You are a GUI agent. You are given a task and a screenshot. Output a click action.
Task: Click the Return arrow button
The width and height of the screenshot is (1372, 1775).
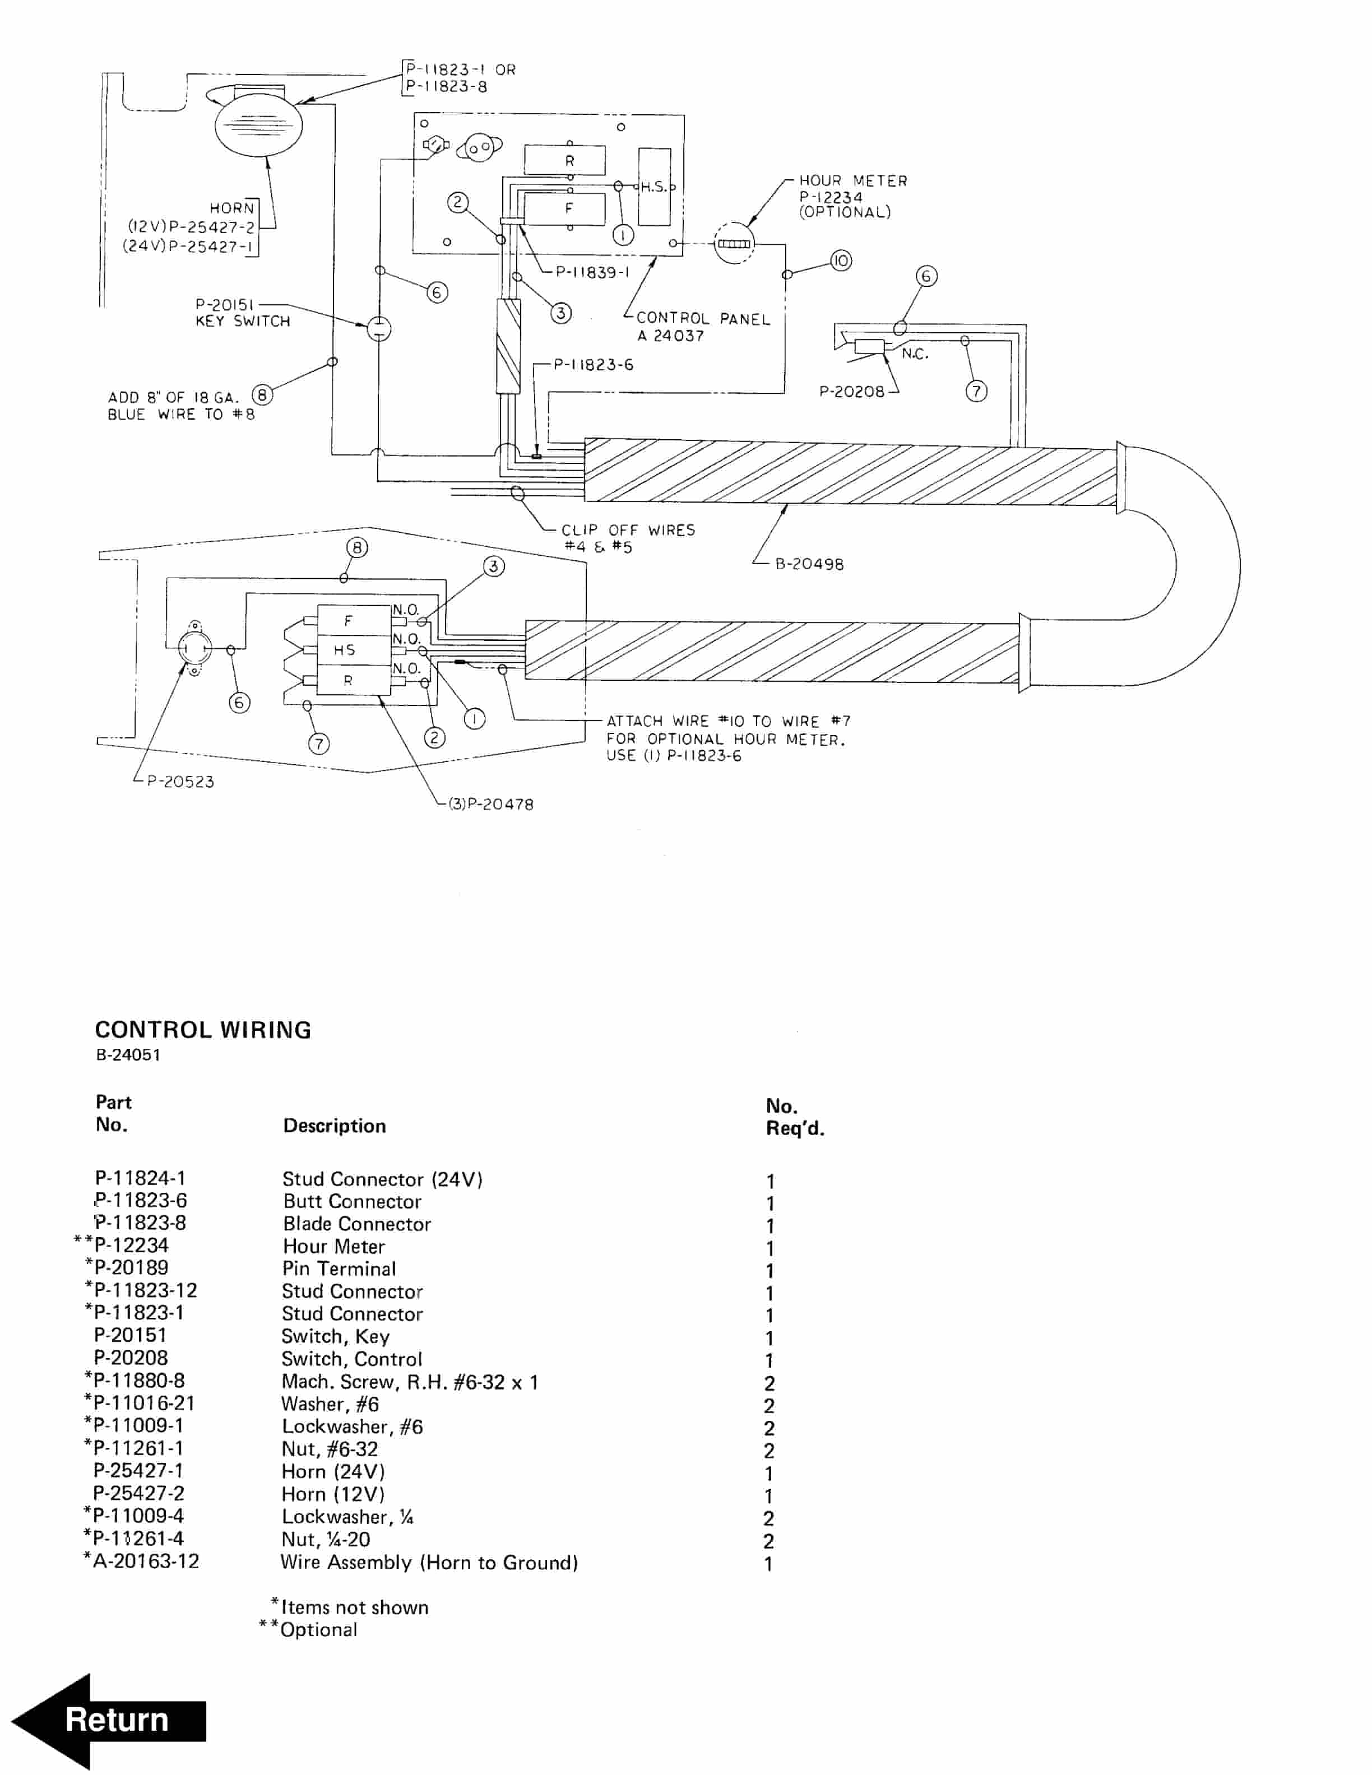(110, 1720)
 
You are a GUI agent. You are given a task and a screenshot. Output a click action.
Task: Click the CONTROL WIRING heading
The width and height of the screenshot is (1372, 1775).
(203, 1030)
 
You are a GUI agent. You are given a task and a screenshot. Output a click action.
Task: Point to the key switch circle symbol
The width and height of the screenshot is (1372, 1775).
(379, 328)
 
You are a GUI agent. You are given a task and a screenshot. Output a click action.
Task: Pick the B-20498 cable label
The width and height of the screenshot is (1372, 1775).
(809, 564)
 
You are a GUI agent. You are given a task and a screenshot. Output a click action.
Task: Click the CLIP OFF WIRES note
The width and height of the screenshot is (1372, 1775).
(628, 538)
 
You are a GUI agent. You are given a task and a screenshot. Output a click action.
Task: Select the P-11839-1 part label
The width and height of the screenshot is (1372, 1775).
(592, 272)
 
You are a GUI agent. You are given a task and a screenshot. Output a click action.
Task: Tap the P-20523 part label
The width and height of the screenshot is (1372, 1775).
(180, 782)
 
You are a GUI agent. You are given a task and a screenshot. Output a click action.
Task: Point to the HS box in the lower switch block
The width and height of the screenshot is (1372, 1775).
(345, 649)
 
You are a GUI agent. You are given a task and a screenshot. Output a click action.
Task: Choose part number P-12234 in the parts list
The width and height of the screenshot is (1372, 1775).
(131, 1245)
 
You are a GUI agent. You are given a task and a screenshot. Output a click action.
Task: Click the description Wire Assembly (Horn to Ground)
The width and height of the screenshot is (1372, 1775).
(429, 1562)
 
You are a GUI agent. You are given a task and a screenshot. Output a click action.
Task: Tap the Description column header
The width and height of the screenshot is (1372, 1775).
(334, 1126)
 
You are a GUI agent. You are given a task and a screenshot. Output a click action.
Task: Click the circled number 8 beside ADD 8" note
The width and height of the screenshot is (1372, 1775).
(262, 395)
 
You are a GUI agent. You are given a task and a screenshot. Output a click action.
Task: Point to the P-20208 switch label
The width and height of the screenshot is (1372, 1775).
(852, 392)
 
